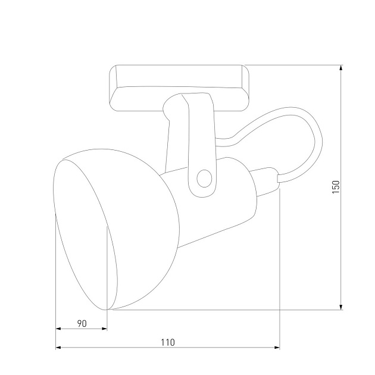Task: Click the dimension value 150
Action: pos(336,187)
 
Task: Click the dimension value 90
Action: pos(82,323)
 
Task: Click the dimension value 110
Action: pos(167,342)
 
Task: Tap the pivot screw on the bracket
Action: pos(204,177)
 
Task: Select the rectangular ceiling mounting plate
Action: pos(179,86)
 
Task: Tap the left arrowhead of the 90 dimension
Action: pos(58,329)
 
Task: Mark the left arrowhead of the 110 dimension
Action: pos(58,348)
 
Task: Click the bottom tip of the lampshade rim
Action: pos(108,310)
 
